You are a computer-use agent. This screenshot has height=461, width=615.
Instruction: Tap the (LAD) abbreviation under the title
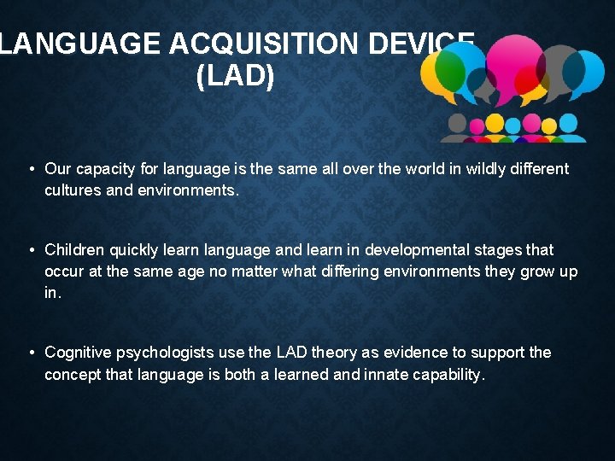(x=235, y=77)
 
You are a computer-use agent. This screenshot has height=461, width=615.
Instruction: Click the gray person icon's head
(x=458, y=122)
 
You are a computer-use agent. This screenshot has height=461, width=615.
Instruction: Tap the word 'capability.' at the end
(x=449, y=375)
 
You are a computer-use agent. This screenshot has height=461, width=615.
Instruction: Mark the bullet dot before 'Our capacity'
(x=31, y=169)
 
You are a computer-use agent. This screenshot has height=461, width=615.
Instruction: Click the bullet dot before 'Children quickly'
(x=31, y=250)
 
